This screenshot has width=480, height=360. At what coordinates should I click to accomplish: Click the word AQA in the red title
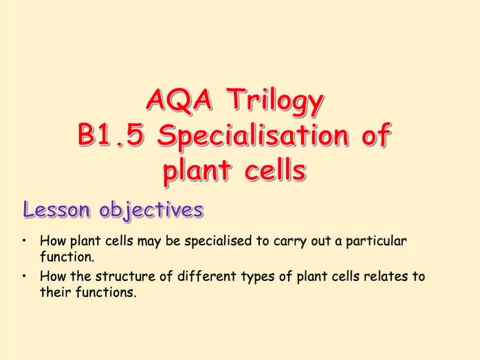coord(179,100)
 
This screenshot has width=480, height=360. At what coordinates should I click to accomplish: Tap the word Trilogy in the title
coord(275,102)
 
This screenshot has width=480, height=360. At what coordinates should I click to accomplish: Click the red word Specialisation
coord(253,136)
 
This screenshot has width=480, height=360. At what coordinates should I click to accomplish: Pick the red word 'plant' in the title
coord(197,171)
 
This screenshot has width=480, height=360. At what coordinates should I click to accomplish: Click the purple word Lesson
coord(56,210)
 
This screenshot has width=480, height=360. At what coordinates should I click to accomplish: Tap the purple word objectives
coord(151,210)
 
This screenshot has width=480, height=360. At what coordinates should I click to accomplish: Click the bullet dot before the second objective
coord(24,276)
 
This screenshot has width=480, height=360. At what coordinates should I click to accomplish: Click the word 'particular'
coord(376,241)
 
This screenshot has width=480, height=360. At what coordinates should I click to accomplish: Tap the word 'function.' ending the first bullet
coord(67,256)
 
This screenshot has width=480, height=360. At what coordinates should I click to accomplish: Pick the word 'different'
coord(206,276)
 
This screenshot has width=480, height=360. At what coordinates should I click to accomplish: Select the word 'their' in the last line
coord(56,292)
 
